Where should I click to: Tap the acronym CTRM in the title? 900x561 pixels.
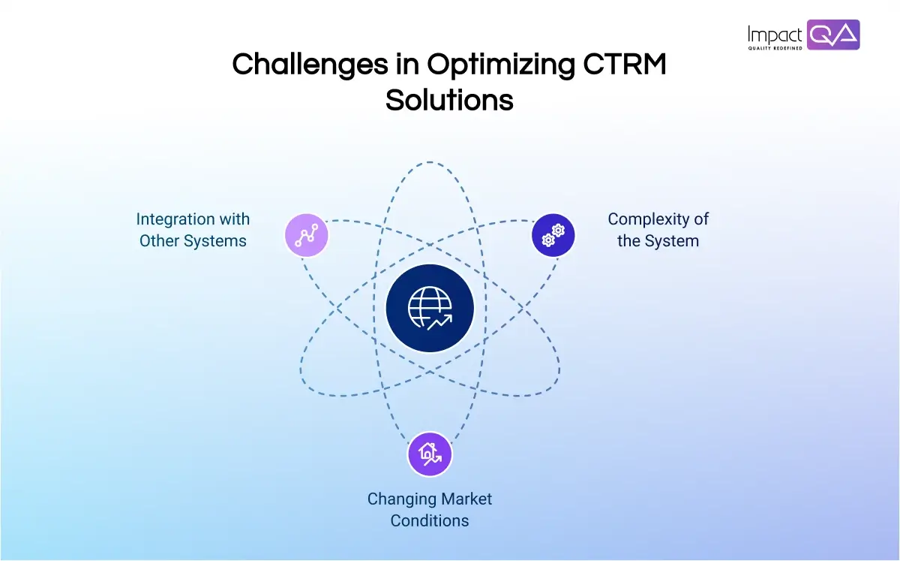tap(625, 65)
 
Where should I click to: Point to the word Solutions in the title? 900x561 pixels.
tap(449, 100)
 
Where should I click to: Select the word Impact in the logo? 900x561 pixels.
tap(775, 33)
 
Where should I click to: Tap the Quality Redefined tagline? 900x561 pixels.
tap(775, 48)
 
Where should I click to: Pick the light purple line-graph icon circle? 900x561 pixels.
tap(306, 236)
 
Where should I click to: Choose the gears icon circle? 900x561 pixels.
tap(553, 235)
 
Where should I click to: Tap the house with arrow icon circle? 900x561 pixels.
tap(430, 454)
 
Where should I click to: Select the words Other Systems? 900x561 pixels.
tap(193, 241)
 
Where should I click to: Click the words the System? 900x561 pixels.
tap(658, 241)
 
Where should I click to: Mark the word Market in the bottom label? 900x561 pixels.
tap(466, 499)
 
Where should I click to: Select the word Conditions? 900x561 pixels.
tap(430, 520)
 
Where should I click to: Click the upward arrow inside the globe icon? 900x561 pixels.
tap(440, 322)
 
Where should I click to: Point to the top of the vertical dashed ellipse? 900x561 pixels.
tap(430, 161)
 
